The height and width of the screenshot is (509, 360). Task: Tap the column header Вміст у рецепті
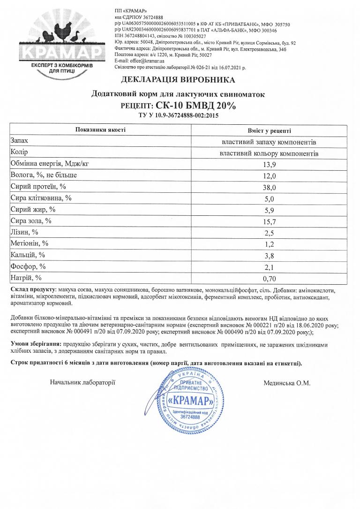[269, 130]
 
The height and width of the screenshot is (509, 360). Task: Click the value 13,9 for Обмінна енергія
[269, 164]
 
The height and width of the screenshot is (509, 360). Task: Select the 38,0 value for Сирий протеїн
[269, 187]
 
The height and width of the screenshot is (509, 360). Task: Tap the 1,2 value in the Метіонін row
[269, 244]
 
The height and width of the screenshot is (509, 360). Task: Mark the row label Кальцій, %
[27, 255]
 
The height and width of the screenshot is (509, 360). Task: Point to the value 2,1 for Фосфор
[269, 267]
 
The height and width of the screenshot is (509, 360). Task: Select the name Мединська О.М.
[287, 383]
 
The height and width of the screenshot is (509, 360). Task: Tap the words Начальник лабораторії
[82, 383]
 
